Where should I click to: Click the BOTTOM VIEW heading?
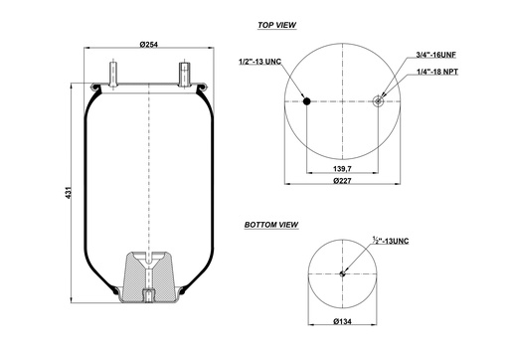pyautogui.click(x=271, y=226)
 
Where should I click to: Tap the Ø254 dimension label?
pyautogui.click(x=150, y=46)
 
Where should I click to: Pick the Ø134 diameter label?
pyautogui.click(x=342, y=322)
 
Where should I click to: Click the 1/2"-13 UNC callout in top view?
pyautogui.click(x=260, y=63)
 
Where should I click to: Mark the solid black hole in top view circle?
pyautogui.click(x=307, y=100)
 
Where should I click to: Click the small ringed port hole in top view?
pyautogui.click(x=381, y=99)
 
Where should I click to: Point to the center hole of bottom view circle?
pyautogui.click(x=343, y=274)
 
